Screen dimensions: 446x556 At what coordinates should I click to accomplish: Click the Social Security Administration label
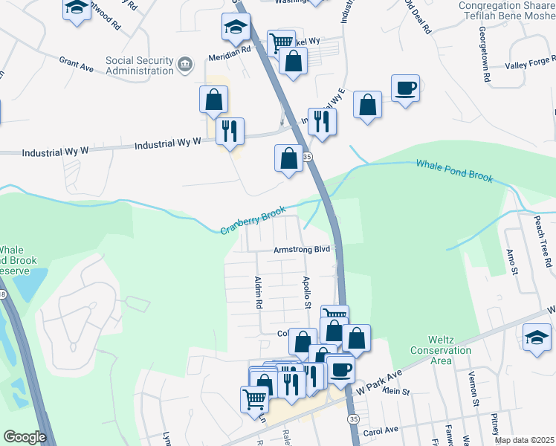pos(139,66)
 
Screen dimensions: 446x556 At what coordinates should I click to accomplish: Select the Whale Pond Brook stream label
pos(453,172)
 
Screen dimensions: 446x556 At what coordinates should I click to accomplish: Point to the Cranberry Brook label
pos(253,221)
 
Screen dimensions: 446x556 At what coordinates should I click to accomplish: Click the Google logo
pos(25,437)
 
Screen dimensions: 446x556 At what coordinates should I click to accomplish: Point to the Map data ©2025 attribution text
pos(524,440)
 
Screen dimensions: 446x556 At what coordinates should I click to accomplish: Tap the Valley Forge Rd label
pos(530,65)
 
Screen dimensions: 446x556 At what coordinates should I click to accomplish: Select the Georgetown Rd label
pos(485,56)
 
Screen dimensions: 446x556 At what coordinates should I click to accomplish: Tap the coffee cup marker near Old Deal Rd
pos(406,88)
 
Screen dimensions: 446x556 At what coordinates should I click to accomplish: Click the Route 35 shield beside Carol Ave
pos(353,420)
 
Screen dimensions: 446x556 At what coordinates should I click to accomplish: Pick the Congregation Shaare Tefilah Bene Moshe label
pos(507,10)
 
